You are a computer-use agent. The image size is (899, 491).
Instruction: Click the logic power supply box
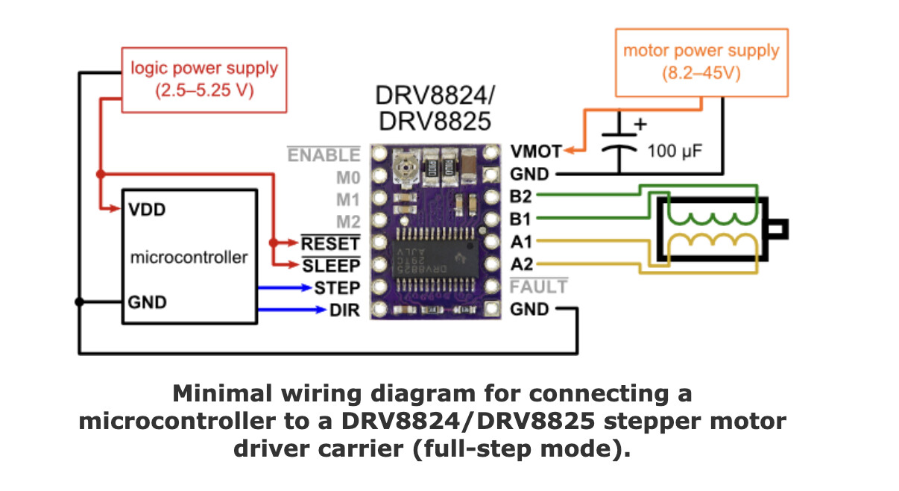tap(204, 80)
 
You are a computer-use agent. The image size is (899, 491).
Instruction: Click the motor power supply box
tap(701, 63)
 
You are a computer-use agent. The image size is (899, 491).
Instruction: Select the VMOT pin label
tap(535, 151)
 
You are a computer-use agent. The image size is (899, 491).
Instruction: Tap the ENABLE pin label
tap(324, 155)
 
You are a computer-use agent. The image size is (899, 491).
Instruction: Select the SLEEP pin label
tap(331, 266)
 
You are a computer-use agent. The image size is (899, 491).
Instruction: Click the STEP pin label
tap(337, 287)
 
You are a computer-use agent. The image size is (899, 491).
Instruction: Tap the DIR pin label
tap(344, 310)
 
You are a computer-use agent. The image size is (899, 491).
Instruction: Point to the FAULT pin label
tap(538, 287)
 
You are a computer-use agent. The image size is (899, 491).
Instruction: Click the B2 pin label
tap(521, 196)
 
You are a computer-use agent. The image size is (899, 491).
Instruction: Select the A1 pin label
tap(521, 242)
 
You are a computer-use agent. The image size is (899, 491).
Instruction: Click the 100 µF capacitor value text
tap(674, 151)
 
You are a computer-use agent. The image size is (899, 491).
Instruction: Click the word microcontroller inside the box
tap(189, 257)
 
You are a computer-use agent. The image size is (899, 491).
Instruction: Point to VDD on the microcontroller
tap(146, 209)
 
